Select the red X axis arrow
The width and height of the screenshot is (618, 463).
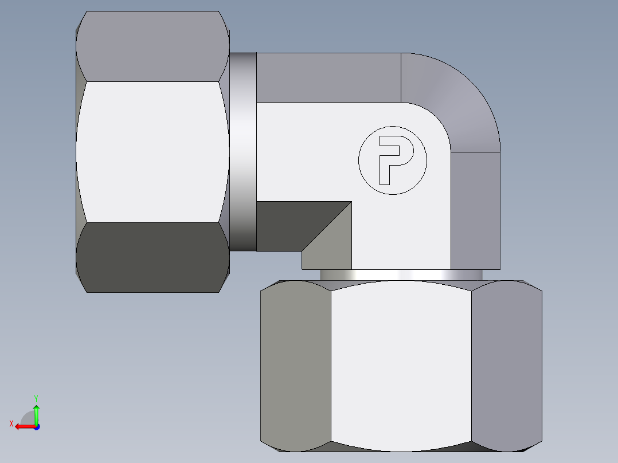tap(24, 426)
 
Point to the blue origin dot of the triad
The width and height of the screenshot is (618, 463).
tap(36, 426)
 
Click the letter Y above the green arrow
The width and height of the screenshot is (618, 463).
tap(36, 398)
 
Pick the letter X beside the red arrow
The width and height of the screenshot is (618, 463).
tap(11, 424)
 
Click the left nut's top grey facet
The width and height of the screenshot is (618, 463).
tap(152, 46)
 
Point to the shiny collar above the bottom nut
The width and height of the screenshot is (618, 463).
tap(401, 275)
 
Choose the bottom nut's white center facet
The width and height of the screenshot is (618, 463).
tap(401, 367)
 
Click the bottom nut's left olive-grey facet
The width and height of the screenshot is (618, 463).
tap(295, 367)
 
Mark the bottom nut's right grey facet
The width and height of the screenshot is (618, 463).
tap(506, 367)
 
